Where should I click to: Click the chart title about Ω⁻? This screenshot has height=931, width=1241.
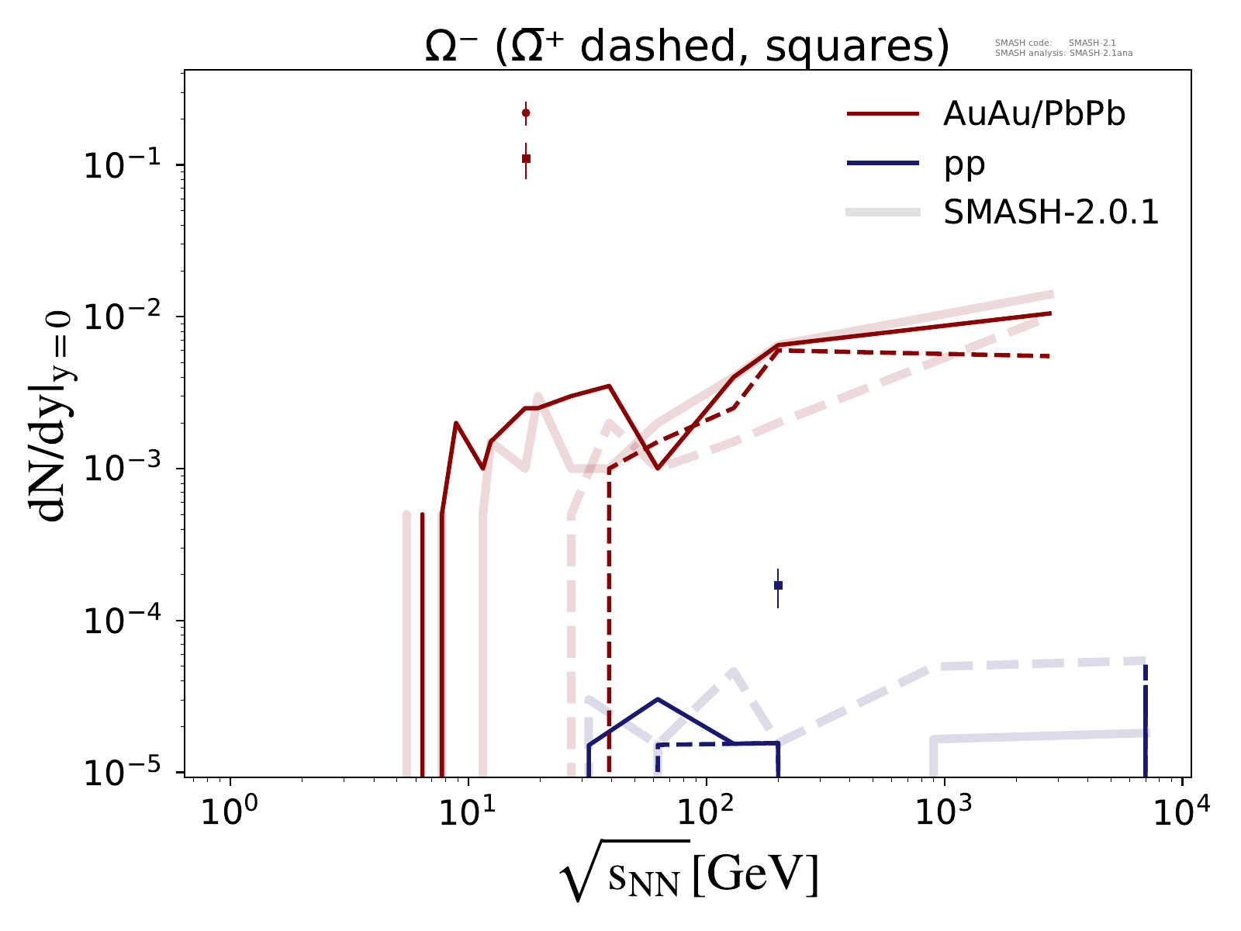point(687,48)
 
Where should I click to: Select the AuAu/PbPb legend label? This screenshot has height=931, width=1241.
point(1034,114)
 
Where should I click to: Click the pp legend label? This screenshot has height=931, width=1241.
point(964,164)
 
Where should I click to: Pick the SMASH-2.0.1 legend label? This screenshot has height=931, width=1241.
point(1051,213)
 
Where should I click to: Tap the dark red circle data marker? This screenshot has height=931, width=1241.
point(526,113)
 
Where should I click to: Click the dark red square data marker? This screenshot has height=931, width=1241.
point(526,158)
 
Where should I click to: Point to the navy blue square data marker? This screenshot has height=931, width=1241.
point(778,585)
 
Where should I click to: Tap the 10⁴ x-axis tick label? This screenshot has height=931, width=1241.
point(1181,814)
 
